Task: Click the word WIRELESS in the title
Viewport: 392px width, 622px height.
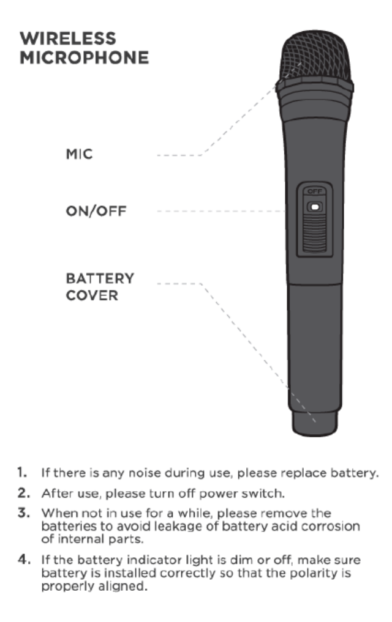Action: [67, 39]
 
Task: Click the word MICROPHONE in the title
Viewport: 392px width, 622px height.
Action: [84, 58]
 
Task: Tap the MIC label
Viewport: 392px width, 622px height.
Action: [79, 155]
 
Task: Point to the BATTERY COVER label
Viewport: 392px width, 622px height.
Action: [100, 287]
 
